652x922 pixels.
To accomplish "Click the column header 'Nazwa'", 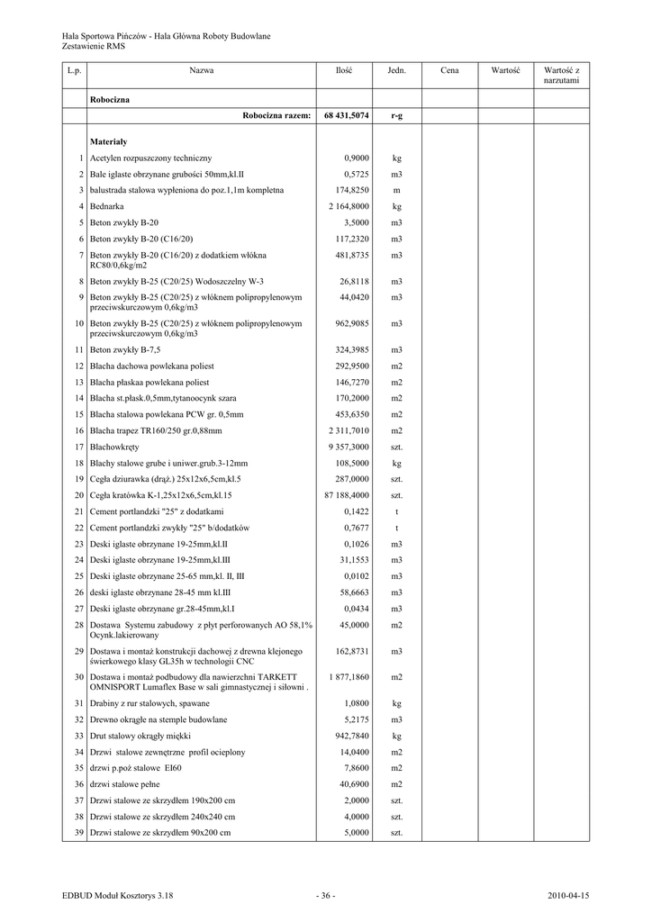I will point(201,69).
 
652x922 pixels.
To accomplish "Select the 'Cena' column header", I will point(449,69).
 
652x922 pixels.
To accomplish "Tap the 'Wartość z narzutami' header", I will point(561,75).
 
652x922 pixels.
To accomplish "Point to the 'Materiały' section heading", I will point(108,141).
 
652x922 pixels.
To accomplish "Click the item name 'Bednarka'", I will point(108,206).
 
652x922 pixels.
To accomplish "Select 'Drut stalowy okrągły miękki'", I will point(141,736).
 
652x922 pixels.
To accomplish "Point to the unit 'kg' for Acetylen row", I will point(396,158).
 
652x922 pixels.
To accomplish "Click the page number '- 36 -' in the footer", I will point(325,895).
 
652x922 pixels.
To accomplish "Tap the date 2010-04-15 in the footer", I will point(568,895).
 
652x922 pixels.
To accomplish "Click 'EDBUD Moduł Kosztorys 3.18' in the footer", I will point(117,895).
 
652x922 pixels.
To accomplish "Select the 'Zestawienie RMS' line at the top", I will point(94,45).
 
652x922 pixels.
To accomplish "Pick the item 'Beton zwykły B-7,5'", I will point(124,349).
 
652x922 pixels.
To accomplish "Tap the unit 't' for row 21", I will point(396,511).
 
